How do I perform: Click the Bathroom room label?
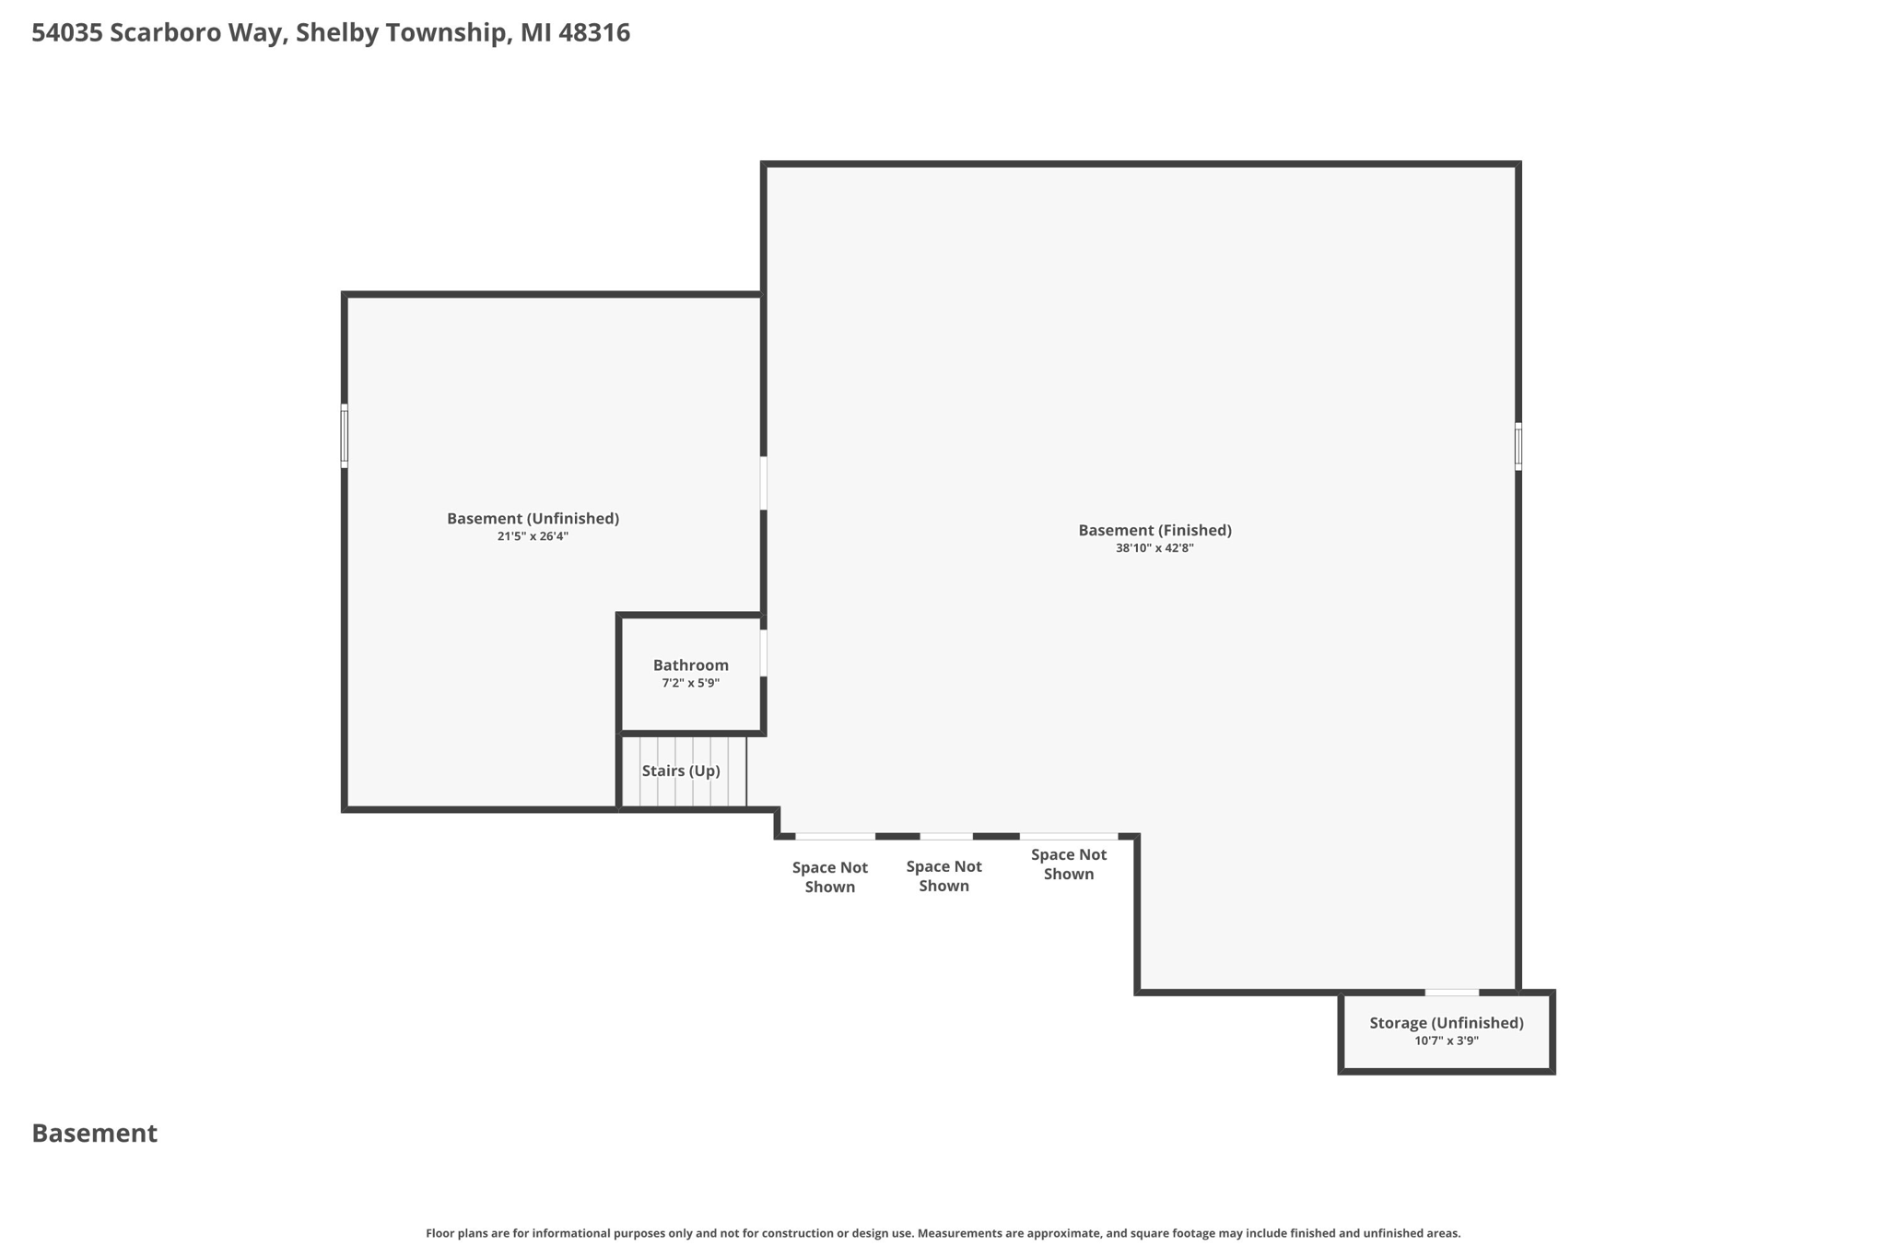point(690,665)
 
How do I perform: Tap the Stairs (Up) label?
point(681,770)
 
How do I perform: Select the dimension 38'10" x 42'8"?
point(1154,548)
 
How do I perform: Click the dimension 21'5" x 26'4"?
point(533,536)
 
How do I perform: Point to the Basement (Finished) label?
point(1154,530)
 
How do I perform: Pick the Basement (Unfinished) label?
point(533,518)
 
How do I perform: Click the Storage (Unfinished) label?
point(1446,1023)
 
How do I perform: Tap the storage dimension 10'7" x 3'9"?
point(1446,1041)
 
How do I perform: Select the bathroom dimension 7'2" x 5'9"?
point(690,684)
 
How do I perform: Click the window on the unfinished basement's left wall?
point(345,436)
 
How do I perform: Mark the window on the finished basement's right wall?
point(1518,446)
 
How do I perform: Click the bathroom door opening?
point(763,653)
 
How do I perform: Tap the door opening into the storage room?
point(1451,993)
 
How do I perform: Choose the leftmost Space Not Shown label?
point(829,876)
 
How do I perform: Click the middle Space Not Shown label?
point(943,876)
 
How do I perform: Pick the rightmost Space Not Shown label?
point(1068,864)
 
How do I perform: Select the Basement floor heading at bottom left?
point(95,1134)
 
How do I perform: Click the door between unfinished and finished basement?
point(763,483)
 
